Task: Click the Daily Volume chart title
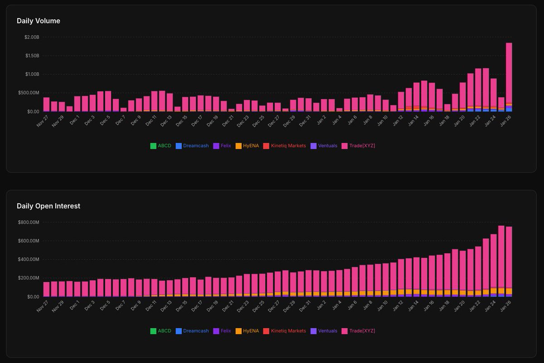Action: click(x=39, y=21)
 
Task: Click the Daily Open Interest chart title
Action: click(x=49, y=206)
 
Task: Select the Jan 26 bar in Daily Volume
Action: click(x=509, y=77)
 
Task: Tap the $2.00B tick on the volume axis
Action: click(x=32, y=37)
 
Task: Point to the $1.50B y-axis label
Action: click(x=32, y=56)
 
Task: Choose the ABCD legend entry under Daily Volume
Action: click(x=161, y=146)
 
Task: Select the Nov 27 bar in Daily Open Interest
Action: click(x=46, y=289)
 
